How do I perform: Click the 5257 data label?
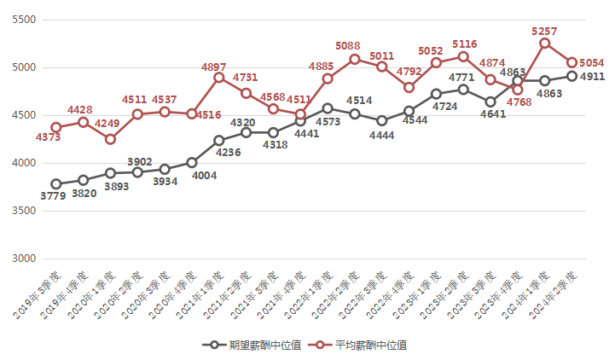click(544, 31)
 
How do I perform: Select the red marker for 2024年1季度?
click(544, 43)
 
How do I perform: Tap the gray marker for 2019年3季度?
click(56, 183)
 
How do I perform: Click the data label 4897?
click(213, 67)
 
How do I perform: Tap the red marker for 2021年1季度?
click(219, 78)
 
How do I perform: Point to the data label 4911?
click(592, 77)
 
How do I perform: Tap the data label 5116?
click(465, 44)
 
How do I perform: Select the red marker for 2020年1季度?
click(111, 139)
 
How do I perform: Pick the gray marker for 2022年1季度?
click(328, 108)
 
